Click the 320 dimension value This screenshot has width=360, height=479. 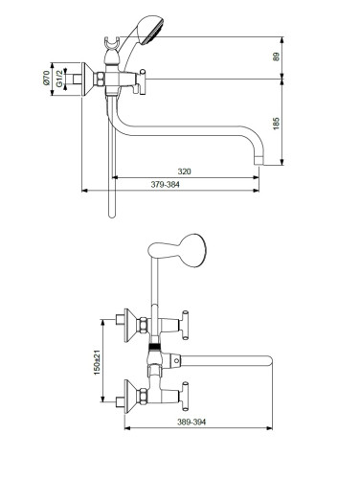184,171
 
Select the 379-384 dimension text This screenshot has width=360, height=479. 166,184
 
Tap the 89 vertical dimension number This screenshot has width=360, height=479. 276,57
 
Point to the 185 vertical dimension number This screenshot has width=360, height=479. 276,124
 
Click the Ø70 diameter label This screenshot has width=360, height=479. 46,78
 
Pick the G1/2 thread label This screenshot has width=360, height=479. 59,79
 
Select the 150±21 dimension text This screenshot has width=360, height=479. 97,362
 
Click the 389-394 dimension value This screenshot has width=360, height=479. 191,422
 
